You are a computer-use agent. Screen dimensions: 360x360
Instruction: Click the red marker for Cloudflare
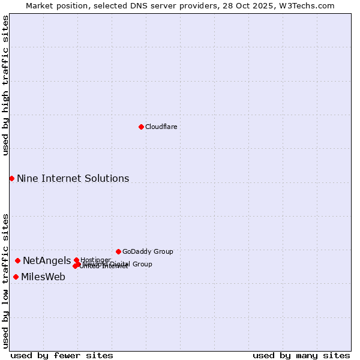pos(141,127)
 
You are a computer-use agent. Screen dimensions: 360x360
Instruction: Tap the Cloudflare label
pos(161,127)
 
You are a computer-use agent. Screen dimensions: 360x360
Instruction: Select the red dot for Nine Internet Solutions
pos(11,178)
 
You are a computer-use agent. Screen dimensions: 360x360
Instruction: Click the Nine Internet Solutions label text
pos(73,178)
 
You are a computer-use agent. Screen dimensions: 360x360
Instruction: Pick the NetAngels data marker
pos(18,260)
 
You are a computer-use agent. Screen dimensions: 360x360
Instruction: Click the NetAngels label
pos(47,260)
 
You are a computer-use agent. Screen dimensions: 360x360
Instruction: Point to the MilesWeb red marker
pos(16,277)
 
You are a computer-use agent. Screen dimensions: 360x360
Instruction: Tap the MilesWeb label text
pos(43,277)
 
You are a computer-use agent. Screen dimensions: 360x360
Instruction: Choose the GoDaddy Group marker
pos(118,251)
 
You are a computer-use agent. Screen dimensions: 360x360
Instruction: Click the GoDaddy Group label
pos(148,251)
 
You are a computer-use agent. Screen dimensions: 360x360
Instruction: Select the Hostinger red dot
pos(76,260)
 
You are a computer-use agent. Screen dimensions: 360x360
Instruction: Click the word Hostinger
pos(96,259)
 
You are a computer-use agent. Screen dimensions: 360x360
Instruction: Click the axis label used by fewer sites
pos(62,355)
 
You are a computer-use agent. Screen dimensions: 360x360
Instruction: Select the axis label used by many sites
pos(301,355)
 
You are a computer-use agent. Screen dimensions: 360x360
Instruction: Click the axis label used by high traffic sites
pos(5,85)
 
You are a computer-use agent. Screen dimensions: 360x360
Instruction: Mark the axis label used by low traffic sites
pos(5,280)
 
